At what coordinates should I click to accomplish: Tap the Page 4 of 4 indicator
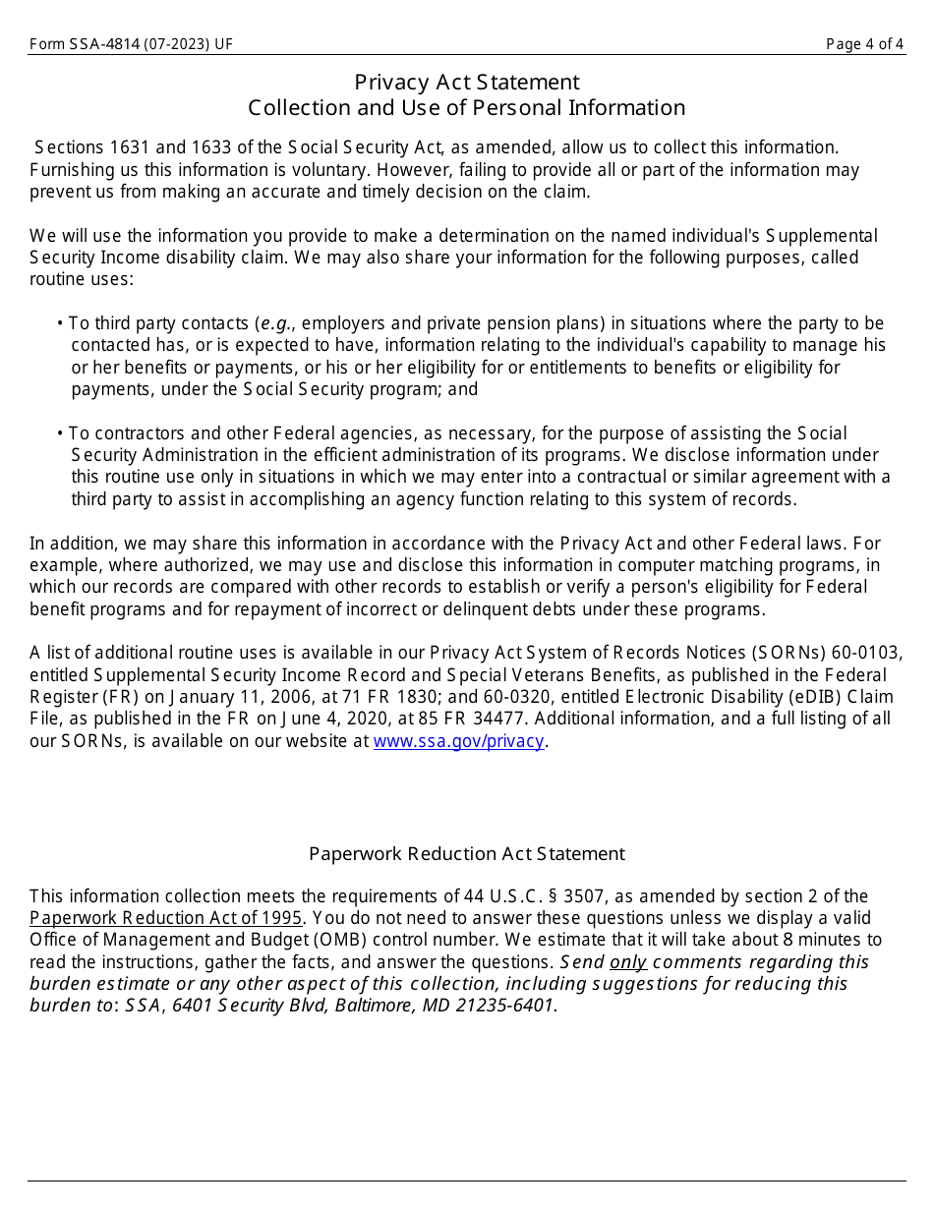(x=864, y=44)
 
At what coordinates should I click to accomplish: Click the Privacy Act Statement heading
(x=466, y=83)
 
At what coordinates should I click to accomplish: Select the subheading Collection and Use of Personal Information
(x=466, y=108)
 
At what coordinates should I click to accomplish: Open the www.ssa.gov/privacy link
(x=458, y=741)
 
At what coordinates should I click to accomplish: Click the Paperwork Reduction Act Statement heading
(x=466, y=854)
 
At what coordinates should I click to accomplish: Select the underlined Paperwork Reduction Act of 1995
(x=166, y=918)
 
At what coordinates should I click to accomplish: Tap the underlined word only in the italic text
(x=628, y=962)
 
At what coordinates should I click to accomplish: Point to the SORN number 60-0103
(x=868, y=654)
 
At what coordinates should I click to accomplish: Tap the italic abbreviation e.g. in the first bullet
(x=278, y=323)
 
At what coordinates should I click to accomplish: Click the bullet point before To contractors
(x=60, y=433)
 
